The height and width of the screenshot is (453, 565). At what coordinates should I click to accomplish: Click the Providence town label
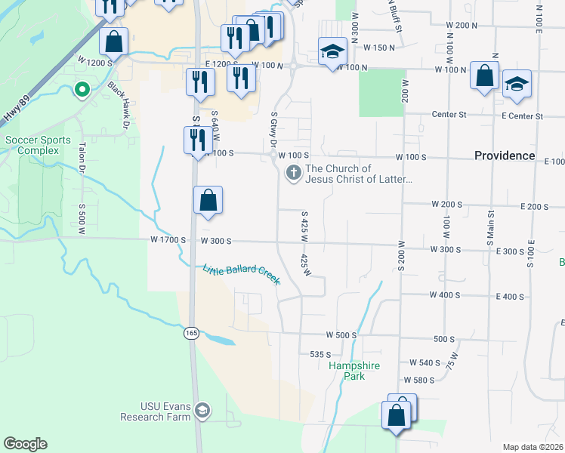(x=505, y=156)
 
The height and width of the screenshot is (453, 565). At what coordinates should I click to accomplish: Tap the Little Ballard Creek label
(x=241, y=274)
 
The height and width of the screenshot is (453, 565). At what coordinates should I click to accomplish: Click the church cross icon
(x=292, y=174)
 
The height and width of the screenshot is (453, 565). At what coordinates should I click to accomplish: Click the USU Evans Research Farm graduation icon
(x=202, y=411)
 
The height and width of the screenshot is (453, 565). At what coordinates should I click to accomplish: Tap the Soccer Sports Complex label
(x=38, y=145)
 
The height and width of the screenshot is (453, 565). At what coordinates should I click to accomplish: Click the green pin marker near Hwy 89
(x=82, y=91)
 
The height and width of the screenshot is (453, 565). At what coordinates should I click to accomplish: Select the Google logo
(x=25, y=444)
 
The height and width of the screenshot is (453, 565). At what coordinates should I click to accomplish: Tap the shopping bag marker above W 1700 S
(x=208, y=202)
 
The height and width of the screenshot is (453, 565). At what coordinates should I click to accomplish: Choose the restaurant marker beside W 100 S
(x=195, y=140)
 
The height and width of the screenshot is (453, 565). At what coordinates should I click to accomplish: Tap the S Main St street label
(x=491, y=243)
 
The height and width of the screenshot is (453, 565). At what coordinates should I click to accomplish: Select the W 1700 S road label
(x=166, y=240)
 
